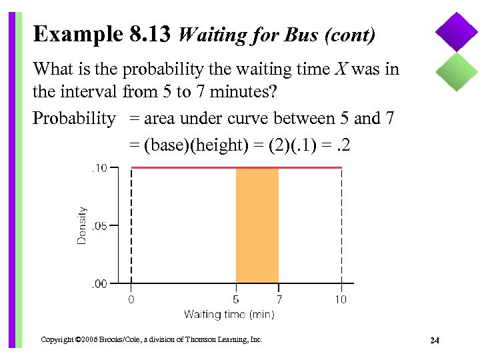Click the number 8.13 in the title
click(151, 33)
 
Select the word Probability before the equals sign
click(74, 119)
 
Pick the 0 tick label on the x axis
click(131, 299)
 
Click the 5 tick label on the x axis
click(236, 299)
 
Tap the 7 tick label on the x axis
click(279, 299)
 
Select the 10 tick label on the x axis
click(341, 299)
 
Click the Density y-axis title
click(82, 225)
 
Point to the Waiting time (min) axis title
click(229, 314)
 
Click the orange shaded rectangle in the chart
click(257, 226)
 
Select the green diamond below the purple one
click(457, 71)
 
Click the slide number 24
click(435, 341)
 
